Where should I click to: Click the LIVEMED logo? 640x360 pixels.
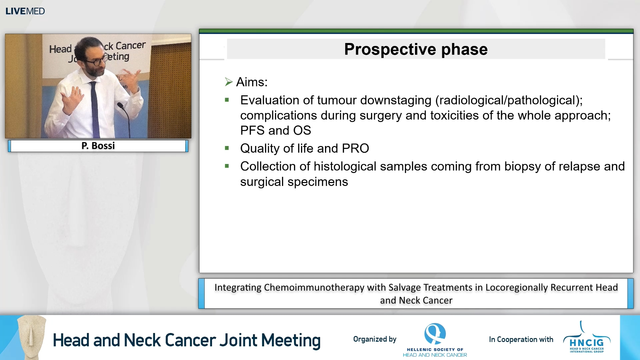(25, 11)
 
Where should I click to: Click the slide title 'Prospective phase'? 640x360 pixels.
(416, 49)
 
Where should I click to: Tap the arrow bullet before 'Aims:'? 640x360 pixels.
(229, 82)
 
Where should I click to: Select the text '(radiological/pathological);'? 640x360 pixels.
(509, 100)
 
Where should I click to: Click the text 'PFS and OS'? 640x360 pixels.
(275, 130)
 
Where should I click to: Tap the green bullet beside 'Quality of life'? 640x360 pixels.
(227, 148)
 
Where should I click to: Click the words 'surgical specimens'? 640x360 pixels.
(294, 182)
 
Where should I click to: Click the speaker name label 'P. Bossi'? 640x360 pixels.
(98, 146)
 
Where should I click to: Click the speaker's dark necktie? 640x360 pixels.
(95, 107)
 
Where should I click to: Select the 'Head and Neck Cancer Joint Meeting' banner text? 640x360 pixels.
(186, 340)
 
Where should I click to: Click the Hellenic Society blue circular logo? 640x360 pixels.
(435, 333)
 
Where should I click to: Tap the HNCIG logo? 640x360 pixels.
(587, 340)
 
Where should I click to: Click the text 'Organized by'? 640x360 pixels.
(375, 339)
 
